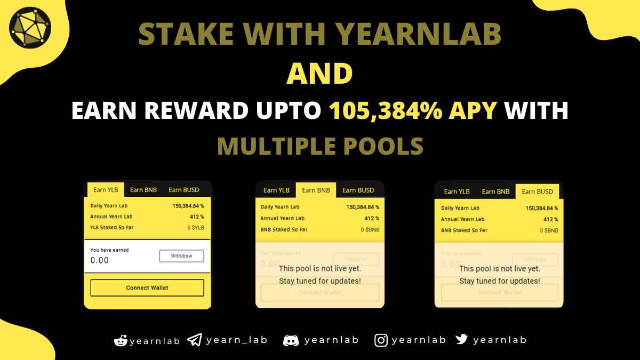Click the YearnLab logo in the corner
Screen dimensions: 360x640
30,25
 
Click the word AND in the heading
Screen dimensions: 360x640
319,75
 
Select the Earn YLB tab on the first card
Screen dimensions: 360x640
105,189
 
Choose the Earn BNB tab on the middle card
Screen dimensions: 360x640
316,190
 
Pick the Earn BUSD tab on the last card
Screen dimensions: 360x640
537,191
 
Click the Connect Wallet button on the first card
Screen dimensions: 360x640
147,287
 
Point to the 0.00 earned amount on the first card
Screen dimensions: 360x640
100,260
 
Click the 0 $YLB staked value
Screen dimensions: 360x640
196,228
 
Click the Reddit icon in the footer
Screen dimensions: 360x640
121,340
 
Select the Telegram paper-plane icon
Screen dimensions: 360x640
195,340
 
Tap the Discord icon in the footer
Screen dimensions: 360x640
291,340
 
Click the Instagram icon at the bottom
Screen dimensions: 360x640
381,340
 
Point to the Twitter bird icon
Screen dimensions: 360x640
461,339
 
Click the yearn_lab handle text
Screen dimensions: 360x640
236,340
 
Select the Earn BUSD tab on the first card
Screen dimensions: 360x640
183,189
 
